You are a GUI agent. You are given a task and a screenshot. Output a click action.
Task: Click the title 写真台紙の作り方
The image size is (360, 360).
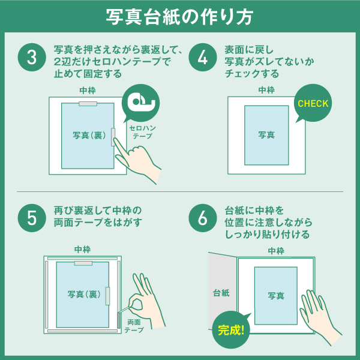[x=179, y=17]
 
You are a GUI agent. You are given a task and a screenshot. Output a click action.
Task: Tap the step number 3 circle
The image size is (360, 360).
[x=32, y=57]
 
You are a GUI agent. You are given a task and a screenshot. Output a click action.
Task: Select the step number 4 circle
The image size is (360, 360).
[x=203, y=57]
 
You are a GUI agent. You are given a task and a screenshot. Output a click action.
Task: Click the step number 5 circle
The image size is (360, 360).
[x=32, y=218]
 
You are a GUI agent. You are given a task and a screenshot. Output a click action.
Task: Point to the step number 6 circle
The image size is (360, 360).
[x=203, y=218]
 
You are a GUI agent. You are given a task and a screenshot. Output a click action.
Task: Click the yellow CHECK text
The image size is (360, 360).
[x=313, y=104]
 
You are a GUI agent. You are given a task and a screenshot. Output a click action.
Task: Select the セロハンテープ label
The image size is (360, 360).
[x=142, y=132]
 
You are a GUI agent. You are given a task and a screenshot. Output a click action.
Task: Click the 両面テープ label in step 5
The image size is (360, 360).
[x=134, y=326]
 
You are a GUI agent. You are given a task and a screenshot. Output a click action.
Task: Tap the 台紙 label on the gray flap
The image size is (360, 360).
[x=221, y=293]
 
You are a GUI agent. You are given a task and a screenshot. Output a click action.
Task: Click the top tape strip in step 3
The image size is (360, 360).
[x=88, y=104]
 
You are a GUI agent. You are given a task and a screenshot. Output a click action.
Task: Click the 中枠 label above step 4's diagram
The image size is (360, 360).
[x=266, y=90]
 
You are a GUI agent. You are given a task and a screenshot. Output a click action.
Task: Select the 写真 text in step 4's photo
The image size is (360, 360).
[x=266, y=135]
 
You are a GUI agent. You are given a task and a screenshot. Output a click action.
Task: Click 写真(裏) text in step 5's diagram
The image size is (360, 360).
[x=84, y=294]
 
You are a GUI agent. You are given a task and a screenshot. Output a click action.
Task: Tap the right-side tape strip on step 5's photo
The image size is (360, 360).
[x=107, y=296]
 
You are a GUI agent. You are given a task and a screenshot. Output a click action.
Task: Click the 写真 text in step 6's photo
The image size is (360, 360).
[x=276, y=295]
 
